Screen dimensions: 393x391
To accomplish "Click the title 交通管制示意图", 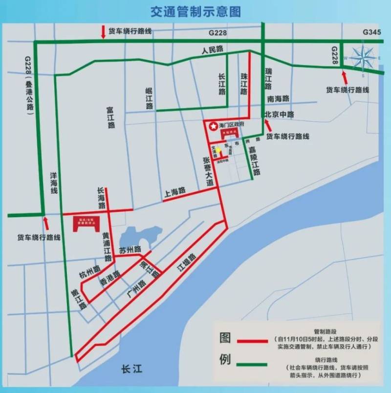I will coord(195,11).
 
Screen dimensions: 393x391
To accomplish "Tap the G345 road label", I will coord(373,32).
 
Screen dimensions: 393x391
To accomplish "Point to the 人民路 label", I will coord(212,50).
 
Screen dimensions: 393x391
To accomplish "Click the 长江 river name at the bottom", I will coord(132,370).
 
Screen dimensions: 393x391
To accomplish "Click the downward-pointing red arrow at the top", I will coord(103,32).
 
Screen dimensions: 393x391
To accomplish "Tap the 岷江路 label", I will coord(149,98).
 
